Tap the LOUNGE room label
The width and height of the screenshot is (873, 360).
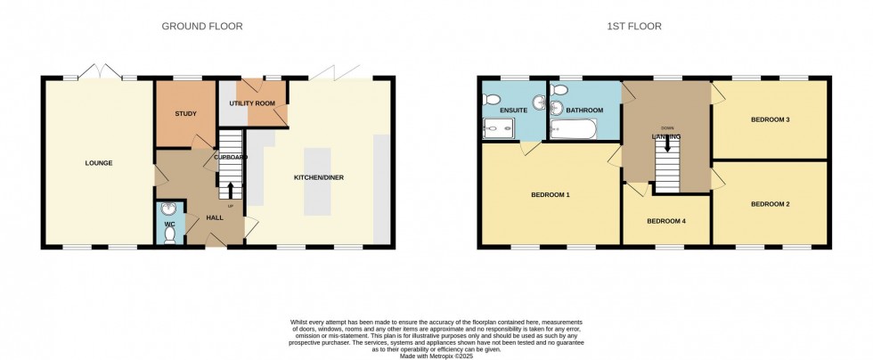[98, 163]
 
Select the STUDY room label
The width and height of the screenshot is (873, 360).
[185, 113]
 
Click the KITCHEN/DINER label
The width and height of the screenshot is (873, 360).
[319, 177]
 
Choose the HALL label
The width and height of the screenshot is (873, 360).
[214, 217]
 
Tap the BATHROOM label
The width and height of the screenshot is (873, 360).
[584, 110]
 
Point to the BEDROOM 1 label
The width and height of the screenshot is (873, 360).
[551, 193]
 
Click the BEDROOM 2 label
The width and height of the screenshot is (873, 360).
[771, 204]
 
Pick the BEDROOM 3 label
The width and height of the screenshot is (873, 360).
[771, 119]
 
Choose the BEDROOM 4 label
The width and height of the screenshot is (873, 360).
[665, 221]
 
